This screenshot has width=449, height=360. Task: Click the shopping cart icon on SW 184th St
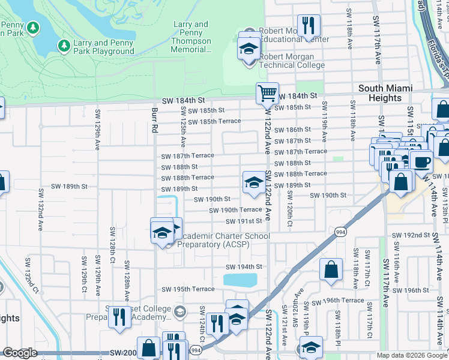[x=267, y=93]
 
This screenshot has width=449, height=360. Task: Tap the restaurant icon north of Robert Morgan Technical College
[x=309, y=25]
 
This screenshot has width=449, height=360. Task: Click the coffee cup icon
[x=421, y=161]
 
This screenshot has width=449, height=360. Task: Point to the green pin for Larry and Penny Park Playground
[x=64, y=46]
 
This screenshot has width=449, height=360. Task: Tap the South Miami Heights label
[x=385, y=93]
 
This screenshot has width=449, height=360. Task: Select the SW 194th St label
[x=244, y=266]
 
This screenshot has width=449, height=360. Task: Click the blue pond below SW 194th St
[x=240, y=280]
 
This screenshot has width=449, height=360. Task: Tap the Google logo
[x=20, y=353]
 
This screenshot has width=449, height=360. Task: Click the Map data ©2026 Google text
[x=411, y=355]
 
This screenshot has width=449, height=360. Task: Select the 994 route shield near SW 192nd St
[x=340, y=232]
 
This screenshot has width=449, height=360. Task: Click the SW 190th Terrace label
[x=235, y=210]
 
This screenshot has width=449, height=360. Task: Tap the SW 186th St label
[x=292, y=130]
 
